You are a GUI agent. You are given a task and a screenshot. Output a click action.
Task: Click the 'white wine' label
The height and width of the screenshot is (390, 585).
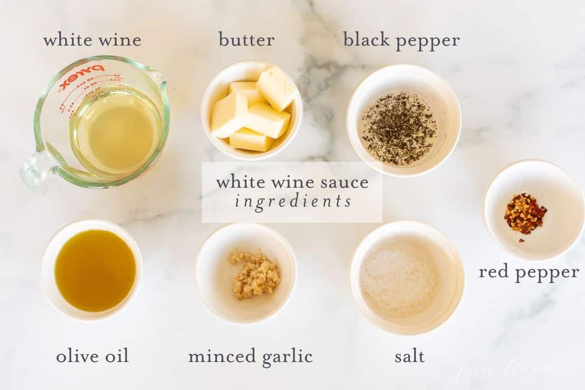tap(92, 40)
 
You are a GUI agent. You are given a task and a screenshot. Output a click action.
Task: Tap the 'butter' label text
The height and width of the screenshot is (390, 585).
tap(246, 40)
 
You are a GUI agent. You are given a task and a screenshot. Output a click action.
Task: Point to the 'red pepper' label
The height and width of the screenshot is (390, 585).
tap(528, 272)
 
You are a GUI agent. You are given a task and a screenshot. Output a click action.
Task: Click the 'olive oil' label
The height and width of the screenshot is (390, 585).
tap(93, 356)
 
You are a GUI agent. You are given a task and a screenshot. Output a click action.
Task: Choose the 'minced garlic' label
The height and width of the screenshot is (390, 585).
tap(250, 357)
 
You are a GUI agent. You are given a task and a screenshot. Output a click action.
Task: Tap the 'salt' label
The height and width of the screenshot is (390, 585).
tap(409, 356)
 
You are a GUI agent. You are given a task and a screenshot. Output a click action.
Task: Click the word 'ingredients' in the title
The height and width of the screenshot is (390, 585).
tap(293, 201)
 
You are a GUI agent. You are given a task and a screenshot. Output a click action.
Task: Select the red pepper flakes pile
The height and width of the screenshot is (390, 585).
tap(525, 213)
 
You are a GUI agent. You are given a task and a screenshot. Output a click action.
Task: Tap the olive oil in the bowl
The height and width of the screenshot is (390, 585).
tap(95, 271)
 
